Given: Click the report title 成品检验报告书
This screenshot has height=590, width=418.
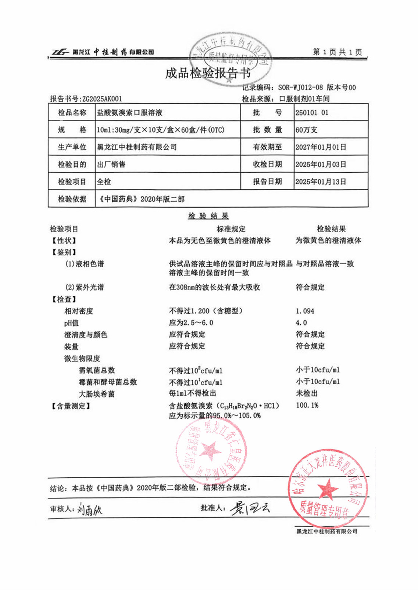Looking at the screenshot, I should tap(208, 73).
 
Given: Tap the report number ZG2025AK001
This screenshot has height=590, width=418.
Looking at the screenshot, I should tap(102, 99).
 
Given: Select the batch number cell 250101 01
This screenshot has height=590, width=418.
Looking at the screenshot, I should tap(312, 113).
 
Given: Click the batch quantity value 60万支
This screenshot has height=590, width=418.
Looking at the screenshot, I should tap(306, 130).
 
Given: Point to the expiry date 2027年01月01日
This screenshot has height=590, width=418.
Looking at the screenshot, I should tap(321, 147).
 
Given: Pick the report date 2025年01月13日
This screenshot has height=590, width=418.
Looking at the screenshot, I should tap(321, 181).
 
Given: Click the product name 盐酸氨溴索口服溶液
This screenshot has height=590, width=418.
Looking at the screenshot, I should tap(129, 113).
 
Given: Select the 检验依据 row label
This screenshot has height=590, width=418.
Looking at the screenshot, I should tap(72, 199).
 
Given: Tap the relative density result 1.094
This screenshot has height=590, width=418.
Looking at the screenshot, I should tap(305, 311).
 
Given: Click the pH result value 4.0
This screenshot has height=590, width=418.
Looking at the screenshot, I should tap(301, 323).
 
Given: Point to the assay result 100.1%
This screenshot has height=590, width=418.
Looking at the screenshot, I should tap(307, 405).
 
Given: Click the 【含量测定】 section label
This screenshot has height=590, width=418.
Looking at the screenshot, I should tap(71, 406).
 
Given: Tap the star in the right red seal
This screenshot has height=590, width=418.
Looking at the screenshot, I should tap(327, 489).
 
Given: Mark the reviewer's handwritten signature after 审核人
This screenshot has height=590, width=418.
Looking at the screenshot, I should tap(90, 510).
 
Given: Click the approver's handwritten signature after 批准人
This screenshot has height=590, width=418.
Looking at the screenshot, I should tap(250, 508).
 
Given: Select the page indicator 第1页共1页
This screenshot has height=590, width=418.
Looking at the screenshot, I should tap(337, 52).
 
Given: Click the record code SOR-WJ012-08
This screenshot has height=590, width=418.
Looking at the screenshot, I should tap(300, 87).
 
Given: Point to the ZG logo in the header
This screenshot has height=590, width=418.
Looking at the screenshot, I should tap(60, 52).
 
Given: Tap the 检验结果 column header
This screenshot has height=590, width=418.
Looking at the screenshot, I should tap(331, 229).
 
